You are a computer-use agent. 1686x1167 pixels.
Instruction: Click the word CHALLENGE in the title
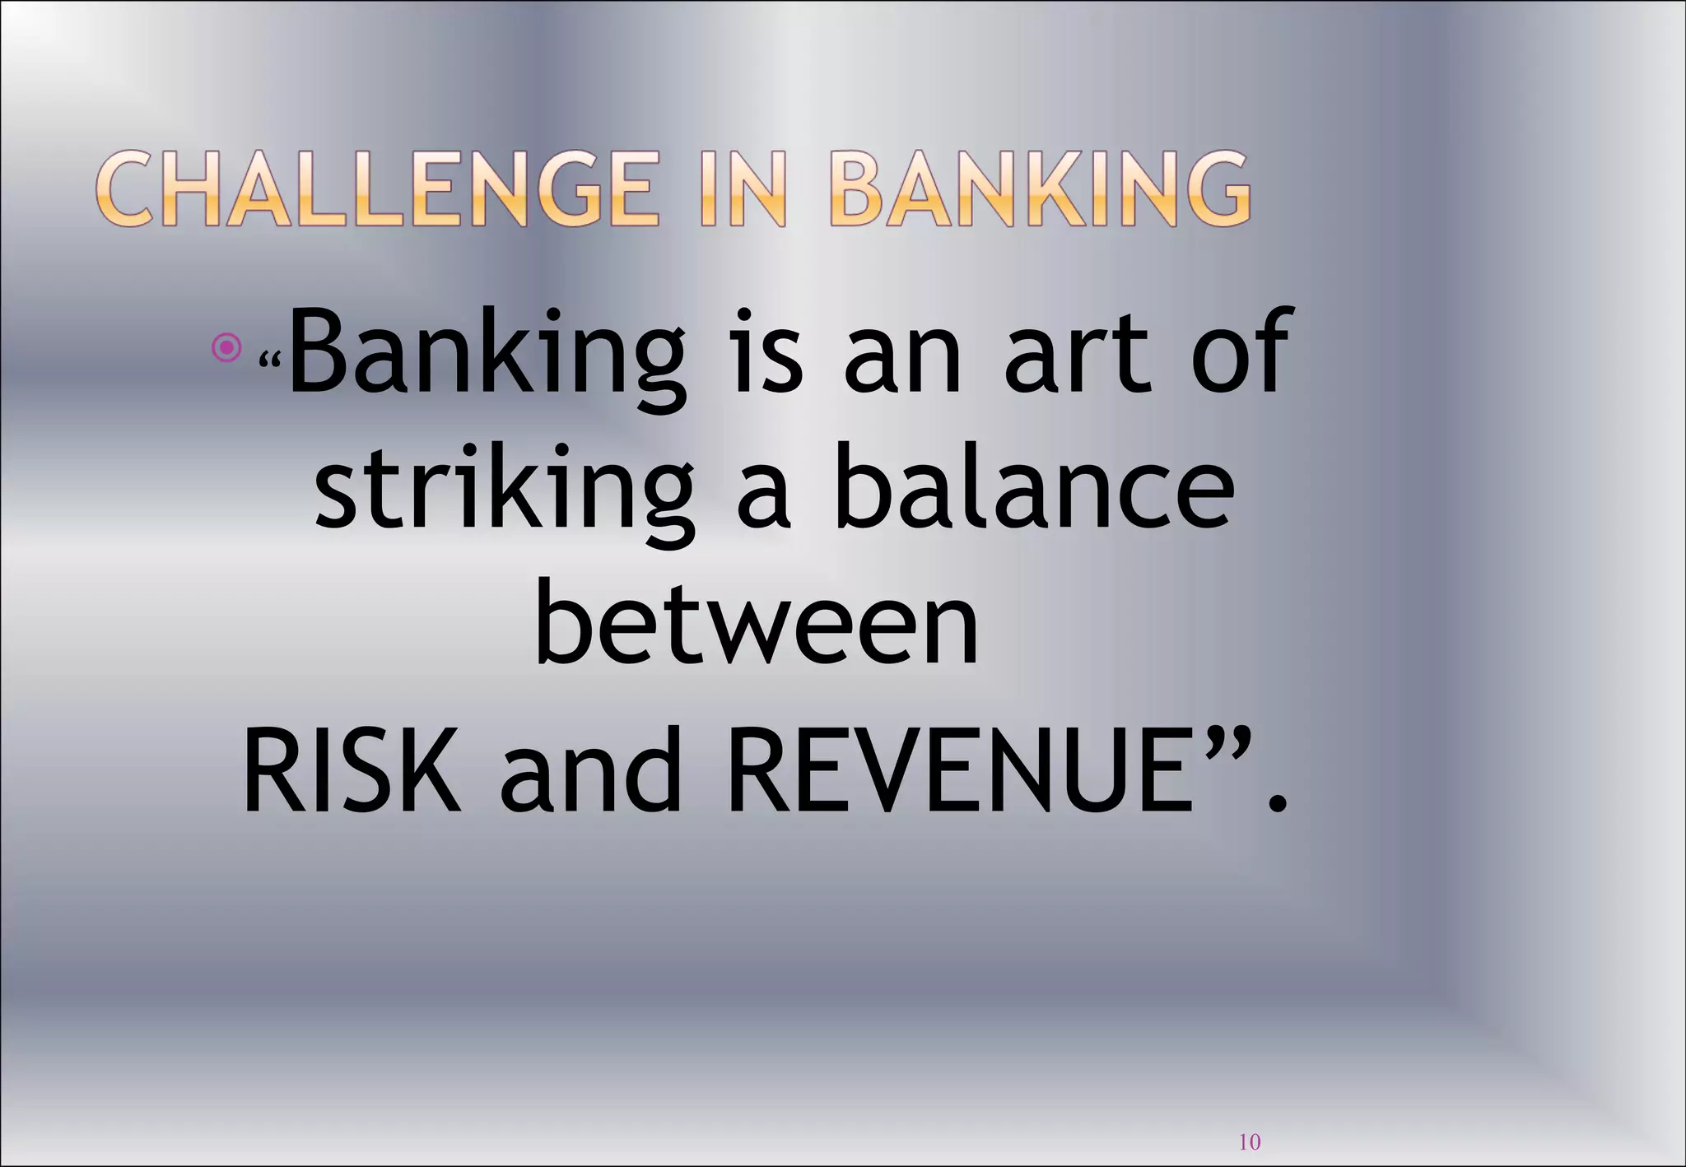378,188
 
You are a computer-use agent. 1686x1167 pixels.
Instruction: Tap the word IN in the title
743,188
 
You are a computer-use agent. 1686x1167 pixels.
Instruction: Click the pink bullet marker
226,348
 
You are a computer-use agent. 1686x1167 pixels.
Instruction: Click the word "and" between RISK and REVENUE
590,772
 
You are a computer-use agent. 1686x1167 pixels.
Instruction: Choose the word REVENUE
959,772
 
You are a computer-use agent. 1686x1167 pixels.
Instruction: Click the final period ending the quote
1277,802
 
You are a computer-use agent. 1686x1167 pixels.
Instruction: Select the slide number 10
1250,1141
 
